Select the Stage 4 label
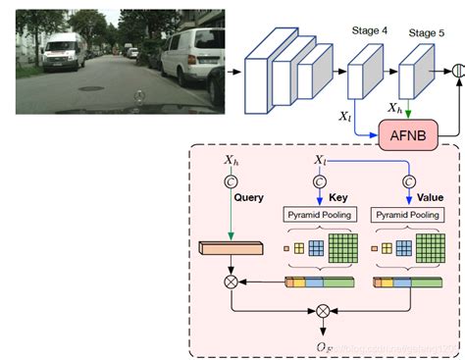pyautogui.click(x=369, y=31)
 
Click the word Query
pyautogui.click(x=248, y=196)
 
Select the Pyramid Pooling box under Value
pyautogui.click(x=405, y=214)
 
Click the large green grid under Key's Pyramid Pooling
pyautogui.click(x=345, y=248)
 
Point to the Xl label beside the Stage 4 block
pyautogui.click(x=344, y=116)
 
